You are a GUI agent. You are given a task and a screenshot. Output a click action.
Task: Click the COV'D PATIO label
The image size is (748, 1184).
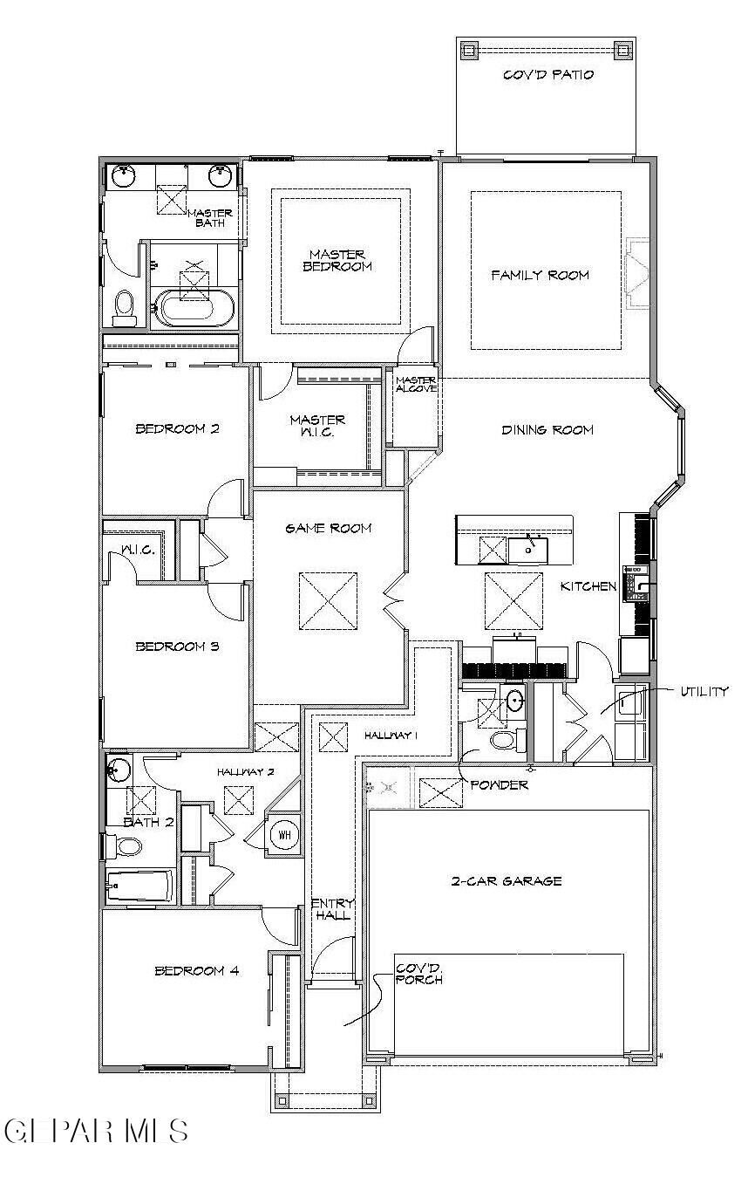548,75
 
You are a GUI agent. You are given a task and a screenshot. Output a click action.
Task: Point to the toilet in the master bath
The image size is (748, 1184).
125,307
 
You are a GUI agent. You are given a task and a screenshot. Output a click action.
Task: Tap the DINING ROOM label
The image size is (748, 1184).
547,429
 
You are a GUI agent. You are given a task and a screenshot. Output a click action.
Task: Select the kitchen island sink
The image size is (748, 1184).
528,550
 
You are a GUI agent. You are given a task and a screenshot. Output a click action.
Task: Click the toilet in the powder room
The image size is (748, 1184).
503,741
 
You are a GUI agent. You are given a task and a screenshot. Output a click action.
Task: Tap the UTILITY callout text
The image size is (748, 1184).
704,691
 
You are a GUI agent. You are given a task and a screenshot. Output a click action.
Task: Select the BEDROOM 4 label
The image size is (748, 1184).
196,970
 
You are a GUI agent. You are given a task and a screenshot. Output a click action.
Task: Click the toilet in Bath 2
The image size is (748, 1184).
128,846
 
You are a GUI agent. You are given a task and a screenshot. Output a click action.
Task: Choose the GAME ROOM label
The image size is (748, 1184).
329,528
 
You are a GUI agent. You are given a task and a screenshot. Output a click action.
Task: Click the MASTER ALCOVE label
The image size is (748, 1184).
416,385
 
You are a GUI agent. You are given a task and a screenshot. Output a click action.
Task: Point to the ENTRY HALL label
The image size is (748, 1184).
331,909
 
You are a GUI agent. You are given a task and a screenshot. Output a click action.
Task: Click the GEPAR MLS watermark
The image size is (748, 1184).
96,1131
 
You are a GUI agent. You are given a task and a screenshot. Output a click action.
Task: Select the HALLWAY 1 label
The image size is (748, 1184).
391,736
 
